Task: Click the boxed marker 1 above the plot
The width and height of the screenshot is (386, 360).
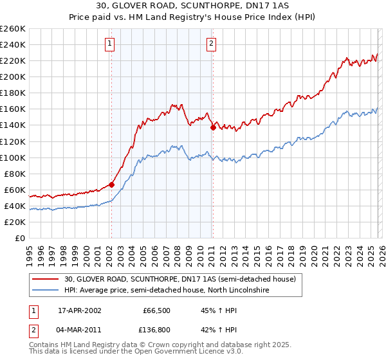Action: tap(111, 44)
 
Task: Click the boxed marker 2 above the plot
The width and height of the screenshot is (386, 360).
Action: tap(212, 44)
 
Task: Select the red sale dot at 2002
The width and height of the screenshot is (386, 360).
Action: tap(111, 184)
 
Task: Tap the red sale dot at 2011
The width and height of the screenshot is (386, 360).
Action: tap(212, 127)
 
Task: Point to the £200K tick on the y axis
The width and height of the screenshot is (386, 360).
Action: tap(13, 76)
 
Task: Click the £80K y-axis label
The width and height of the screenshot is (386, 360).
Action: tap(15, 174)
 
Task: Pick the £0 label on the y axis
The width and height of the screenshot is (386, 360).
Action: tap(19, 239)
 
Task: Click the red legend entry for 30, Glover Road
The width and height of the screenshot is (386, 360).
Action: tap(179, 280)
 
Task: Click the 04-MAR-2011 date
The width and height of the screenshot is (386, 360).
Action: tap(79, 331)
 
